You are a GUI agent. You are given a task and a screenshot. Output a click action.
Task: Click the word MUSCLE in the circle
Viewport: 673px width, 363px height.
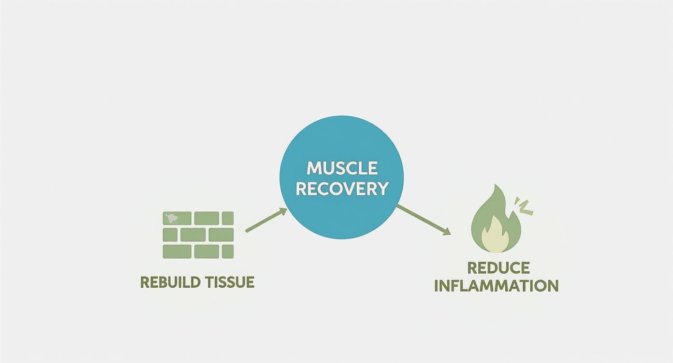[342, 168]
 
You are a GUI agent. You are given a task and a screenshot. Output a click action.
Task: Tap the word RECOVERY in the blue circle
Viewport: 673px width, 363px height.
[342, 188]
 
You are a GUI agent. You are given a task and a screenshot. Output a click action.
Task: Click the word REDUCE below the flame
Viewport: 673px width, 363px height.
[498, 267]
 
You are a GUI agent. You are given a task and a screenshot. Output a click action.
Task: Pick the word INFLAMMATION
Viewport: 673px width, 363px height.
[496, 285]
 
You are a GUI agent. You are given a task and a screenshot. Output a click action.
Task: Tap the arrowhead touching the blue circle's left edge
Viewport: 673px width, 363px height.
[282, 211]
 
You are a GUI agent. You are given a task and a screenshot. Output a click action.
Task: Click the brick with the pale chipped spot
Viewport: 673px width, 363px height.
[177, 218]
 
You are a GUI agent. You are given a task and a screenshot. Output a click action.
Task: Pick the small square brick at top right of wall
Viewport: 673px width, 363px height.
[228, 218]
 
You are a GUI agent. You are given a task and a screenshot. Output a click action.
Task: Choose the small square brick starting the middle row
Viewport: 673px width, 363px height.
[170, 235]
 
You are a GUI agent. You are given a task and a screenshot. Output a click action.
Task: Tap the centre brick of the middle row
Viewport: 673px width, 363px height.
[193, 235]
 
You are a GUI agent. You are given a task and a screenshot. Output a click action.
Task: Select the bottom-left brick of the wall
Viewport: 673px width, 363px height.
[177, 251]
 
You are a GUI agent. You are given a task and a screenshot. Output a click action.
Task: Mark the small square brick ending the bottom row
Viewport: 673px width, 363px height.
[228, 251]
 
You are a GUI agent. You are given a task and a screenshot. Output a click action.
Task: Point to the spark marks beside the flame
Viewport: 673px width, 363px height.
[524, 206]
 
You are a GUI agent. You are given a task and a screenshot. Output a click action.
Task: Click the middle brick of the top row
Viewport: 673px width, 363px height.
[206, 218]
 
